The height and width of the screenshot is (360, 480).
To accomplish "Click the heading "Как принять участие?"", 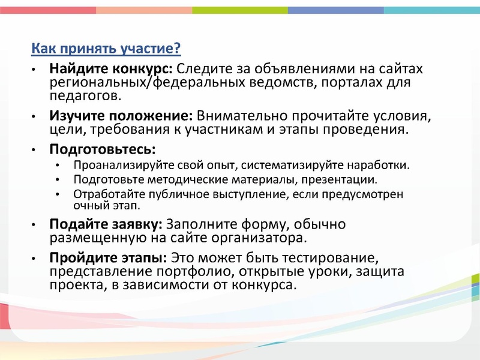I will pos(106,48).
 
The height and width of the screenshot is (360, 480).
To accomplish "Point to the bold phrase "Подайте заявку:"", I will pos(106,224).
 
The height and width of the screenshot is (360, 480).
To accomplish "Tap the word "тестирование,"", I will pos(333,259).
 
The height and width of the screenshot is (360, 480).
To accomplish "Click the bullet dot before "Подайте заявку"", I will pos(35,226).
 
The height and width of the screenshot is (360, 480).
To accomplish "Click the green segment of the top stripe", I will pos(240,10).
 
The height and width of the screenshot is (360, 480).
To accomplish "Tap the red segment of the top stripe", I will pos(48,10).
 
